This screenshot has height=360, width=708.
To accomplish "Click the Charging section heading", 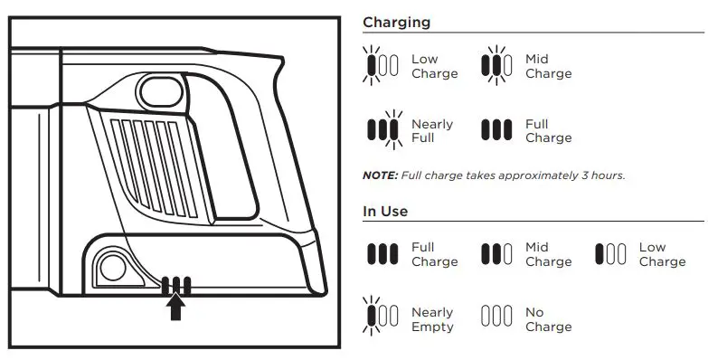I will point(396,23).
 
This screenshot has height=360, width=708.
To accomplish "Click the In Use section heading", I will point(385,211).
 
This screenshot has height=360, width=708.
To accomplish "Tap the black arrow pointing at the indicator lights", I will point(176,308).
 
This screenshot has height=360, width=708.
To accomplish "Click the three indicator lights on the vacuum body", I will point(176,287).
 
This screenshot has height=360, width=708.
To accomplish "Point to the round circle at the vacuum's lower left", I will point(113,266).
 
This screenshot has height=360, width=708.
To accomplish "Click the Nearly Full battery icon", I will point(382,129).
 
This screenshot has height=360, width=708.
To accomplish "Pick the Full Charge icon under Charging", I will point(496,129).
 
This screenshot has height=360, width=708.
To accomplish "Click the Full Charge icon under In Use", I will point(382,254).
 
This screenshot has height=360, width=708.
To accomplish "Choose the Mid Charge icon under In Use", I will point(496,254).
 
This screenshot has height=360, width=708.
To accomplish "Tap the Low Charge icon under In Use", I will point(610,254).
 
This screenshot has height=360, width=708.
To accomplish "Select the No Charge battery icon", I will point(496,317).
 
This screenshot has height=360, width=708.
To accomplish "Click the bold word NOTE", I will point(380,175).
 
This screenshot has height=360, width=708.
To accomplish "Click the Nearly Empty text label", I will point(432,319).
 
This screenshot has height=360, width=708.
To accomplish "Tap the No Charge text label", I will point(548,319).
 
